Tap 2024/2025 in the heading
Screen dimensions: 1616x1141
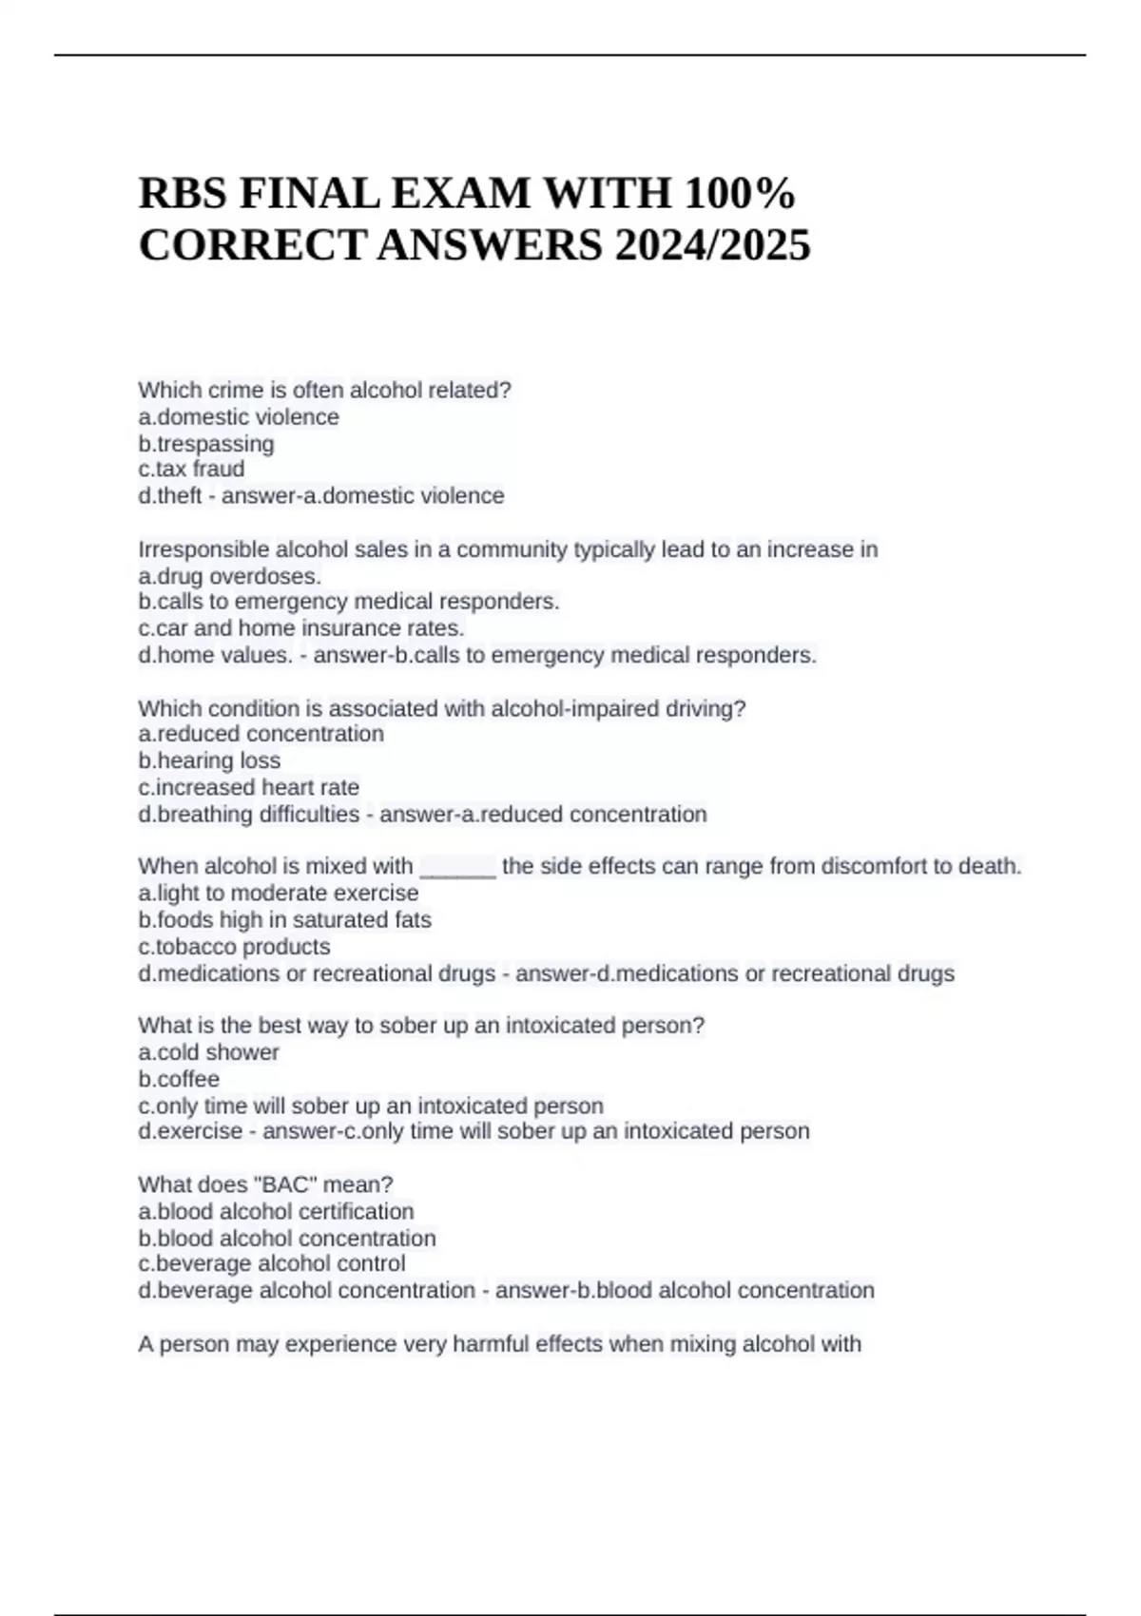[712, 245]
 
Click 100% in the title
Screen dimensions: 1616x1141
[740, 194]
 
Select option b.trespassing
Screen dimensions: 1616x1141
[206, 444]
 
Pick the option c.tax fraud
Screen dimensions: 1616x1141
[191, 470]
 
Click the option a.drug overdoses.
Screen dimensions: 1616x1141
[229, 576]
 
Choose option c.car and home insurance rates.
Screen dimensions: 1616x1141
[301, 628]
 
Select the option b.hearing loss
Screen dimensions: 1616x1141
[209, 760]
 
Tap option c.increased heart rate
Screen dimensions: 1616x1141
[248, 787]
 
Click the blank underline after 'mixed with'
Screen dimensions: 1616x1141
[457, 867]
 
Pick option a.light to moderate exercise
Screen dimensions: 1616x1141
[278, 894]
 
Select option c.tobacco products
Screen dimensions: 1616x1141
[234, 947]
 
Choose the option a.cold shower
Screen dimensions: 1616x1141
[208, 1052]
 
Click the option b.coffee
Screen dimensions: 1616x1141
[179, 1079]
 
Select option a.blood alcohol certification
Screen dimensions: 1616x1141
[276, 1212]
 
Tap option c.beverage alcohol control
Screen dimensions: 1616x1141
[272, 1264]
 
